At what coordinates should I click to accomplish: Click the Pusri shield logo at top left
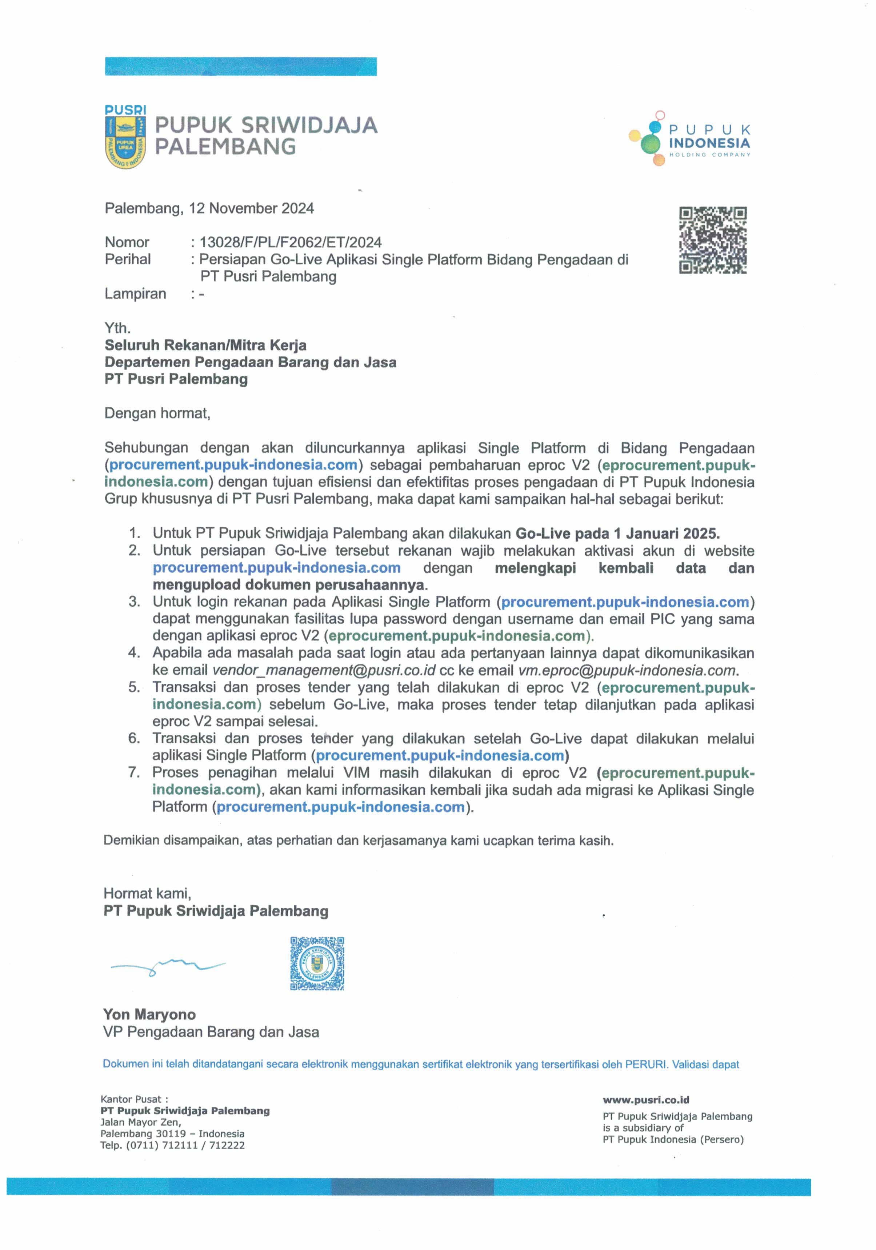point(125,137)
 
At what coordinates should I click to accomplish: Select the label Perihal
point(127,259)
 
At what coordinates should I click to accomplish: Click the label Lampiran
point(135,294)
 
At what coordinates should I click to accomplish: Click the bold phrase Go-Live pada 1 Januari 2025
point(617,534)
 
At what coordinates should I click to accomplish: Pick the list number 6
point(134,738)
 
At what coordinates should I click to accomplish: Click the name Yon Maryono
point(149,1014)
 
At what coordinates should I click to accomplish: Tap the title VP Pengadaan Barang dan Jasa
point(211,1032)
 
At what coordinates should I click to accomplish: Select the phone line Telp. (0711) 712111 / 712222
point(172,1145)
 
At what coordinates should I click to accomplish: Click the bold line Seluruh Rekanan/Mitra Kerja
point(205,345)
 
